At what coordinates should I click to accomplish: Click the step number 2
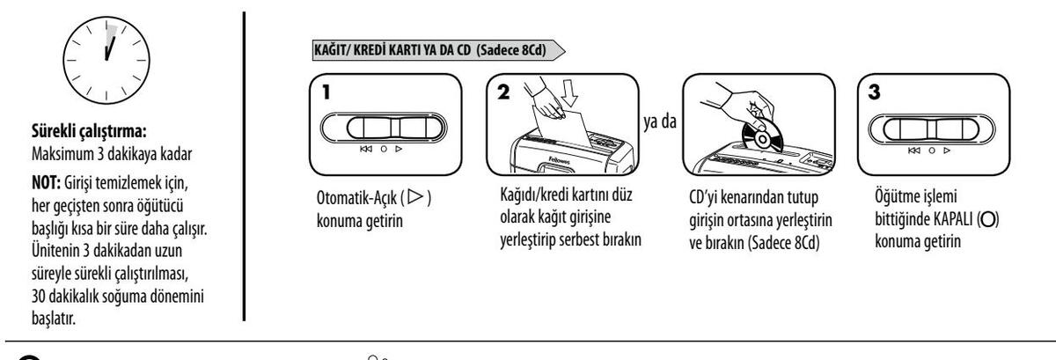(503, 91)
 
